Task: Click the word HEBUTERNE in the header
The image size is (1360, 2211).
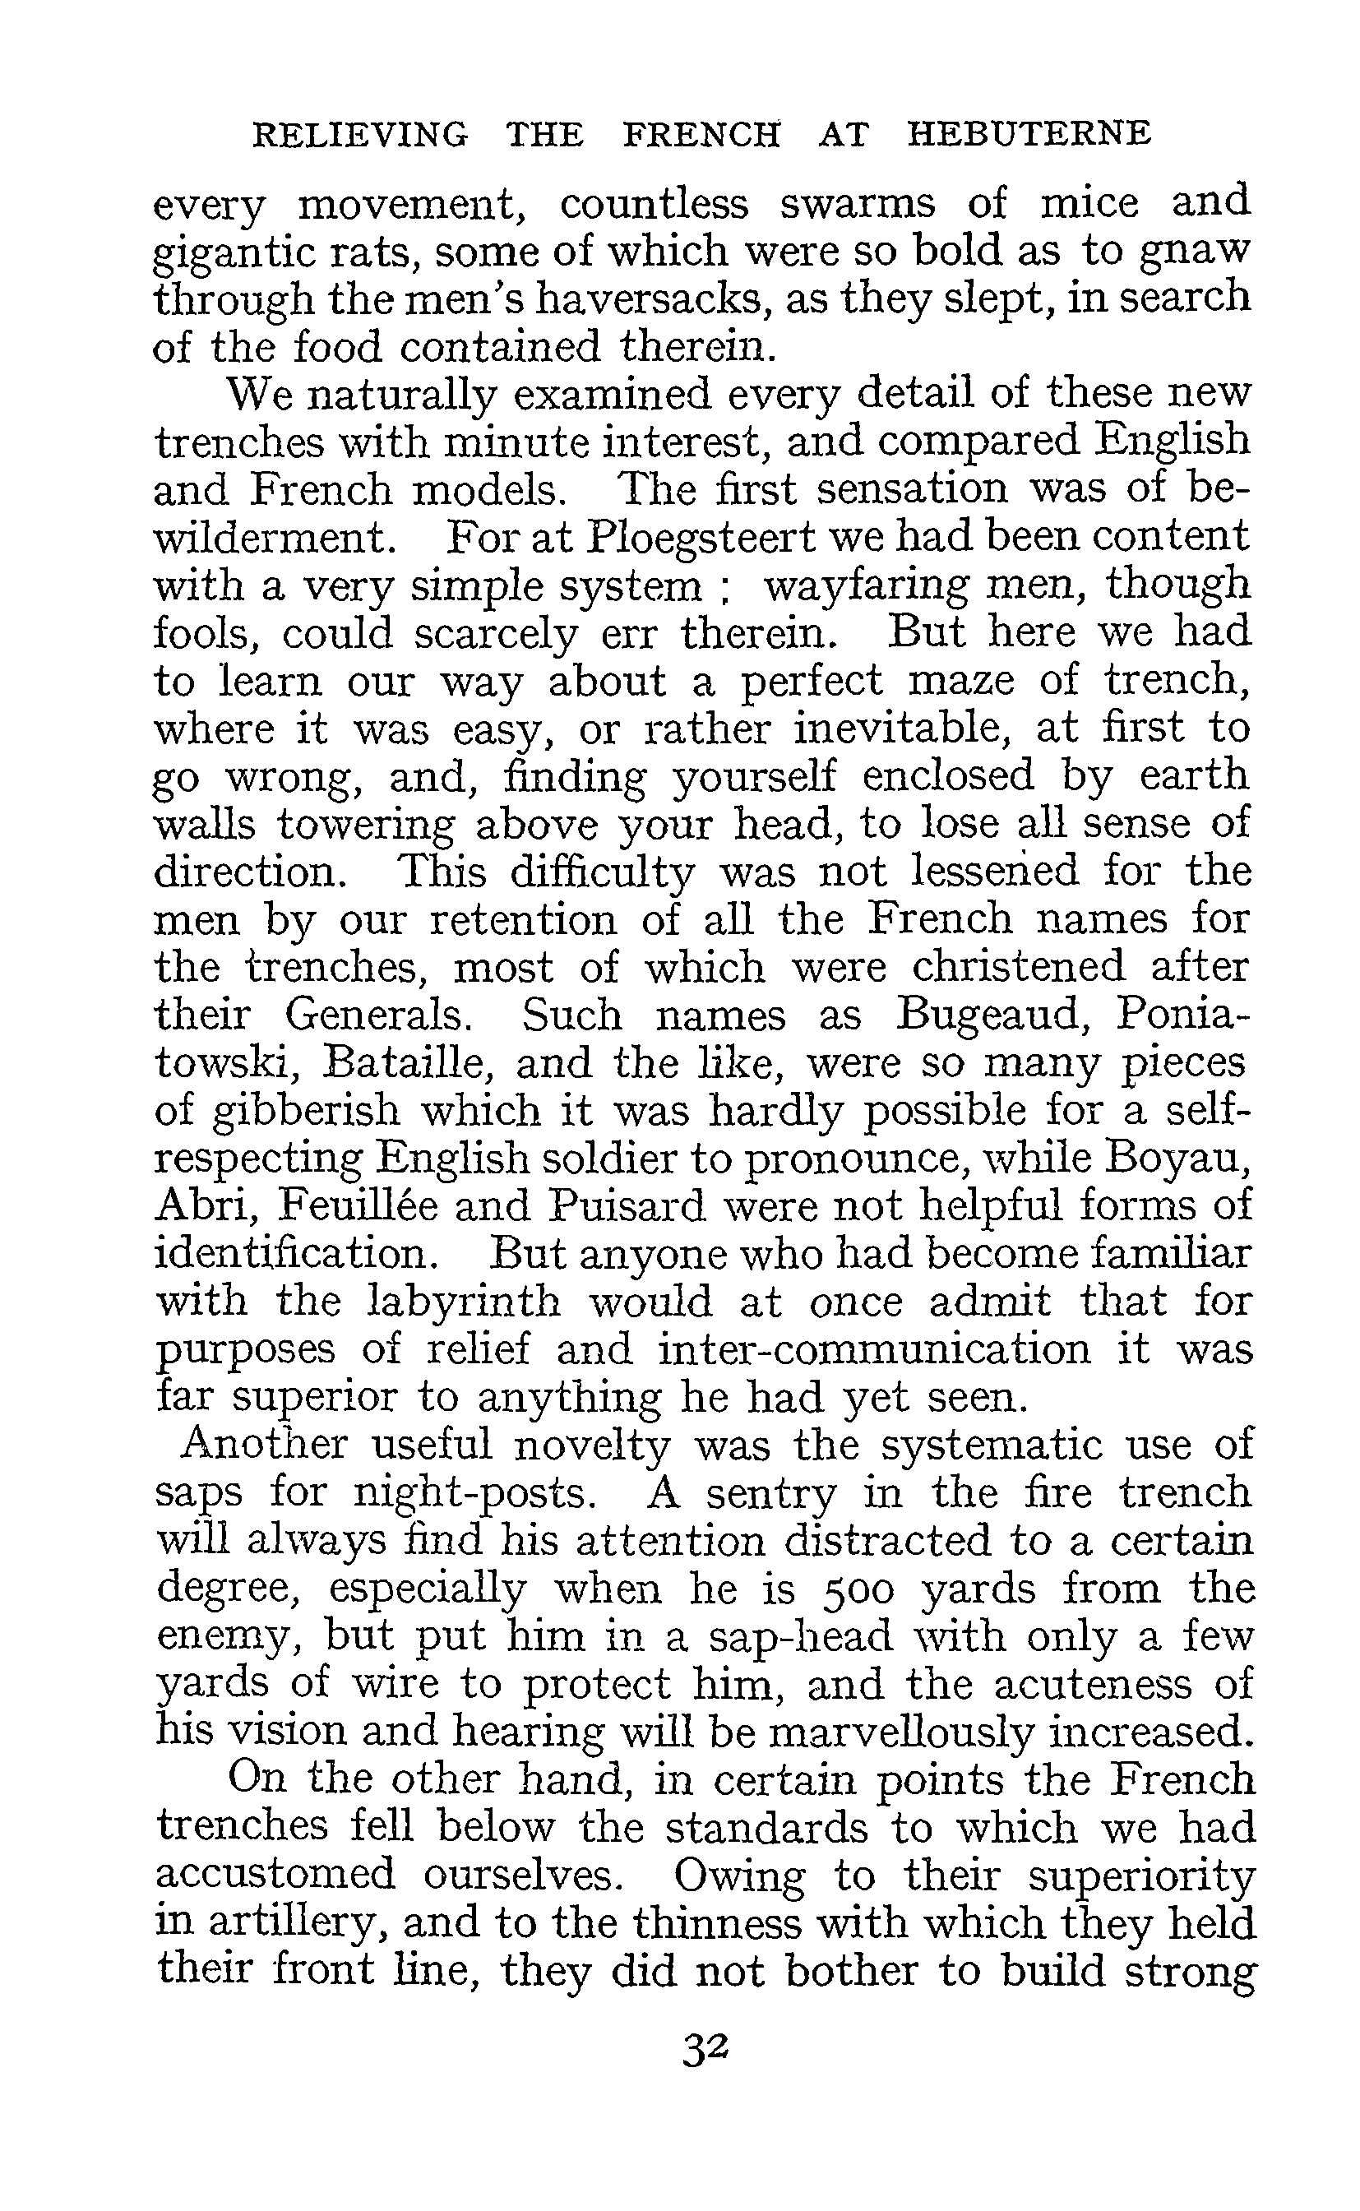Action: tap(1028, 134)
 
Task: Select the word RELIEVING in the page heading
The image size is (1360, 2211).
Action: tap(361, 134)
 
